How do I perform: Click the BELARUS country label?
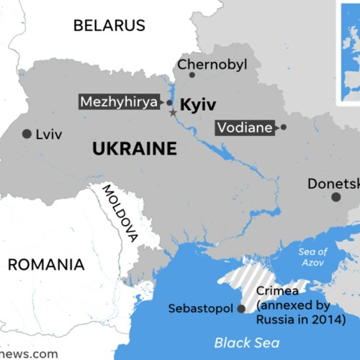click(x=109, y=25)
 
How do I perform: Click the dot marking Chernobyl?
click(x=192, y=75)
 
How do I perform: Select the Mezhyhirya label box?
click(x=119, y=102)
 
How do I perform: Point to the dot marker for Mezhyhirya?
click(x=169, y=103)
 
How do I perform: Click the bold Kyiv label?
click(x=197, y=105)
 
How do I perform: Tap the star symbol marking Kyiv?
click(x=172, y=113)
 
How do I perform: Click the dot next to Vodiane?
click(x=283, y=127)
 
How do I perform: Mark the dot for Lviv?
click(x=27, y=134)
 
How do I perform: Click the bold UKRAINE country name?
click(x=135, y=150)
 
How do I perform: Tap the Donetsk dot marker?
click(x=336, y=197)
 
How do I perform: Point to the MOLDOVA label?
click(x=120, y=212)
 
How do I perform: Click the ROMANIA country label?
click(x=46, y=264)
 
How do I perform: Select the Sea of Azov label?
click(x=312, y=258)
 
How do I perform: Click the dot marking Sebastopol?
click(x=240, y=309)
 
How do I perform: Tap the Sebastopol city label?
click(x=200, y=308)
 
